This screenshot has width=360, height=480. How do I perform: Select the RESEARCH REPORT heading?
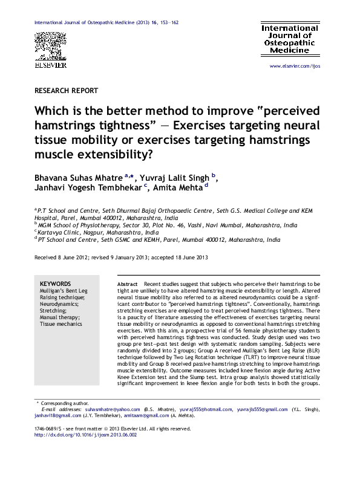click(67, 91)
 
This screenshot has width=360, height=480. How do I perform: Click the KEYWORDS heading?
click(55, 284)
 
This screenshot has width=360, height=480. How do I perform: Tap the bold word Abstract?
click(127, 284)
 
